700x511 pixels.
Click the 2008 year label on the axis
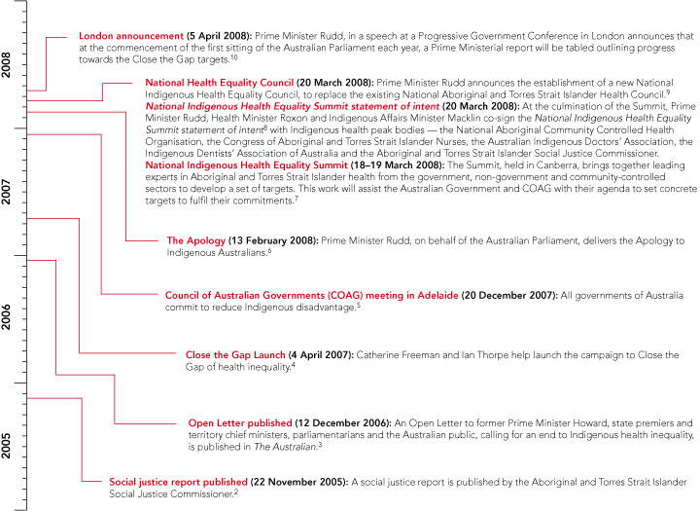pos(8,65)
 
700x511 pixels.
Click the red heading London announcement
pos(131,36)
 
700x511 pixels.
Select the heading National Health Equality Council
pos(220,84)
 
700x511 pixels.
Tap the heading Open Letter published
pos(239,423)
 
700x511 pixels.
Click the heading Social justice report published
pos(179,481)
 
